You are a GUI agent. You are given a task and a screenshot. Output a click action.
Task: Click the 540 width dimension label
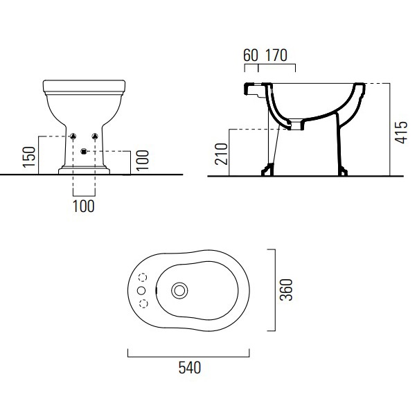pyautogui.click(x=190, y=368)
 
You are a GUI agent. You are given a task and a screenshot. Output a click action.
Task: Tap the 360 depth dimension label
pyautogui.click(x=286, y=290)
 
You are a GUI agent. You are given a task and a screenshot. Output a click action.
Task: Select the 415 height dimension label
pyautogui.click(x=401, y=133)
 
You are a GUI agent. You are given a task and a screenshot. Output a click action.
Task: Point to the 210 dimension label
pyautogui.click(x=221, y=154)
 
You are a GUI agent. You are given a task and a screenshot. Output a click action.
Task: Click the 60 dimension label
pyautogui.click(x=251, y=55)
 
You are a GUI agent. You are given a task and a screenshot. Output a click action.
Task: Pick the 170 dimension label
pyautogui.click(x=276, y=55)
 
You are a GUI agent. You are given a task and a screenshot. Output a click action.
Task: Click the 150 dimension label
pyautogui.click(x=29, y=157)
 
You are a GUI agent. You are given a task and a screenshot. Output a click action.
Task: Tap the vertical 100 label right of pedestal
pyautogui.click(x=142, y=160)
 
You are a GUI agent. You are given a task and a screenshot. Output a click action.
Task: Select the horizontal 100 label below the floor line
pyautogui.click(x=84, y=206)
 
